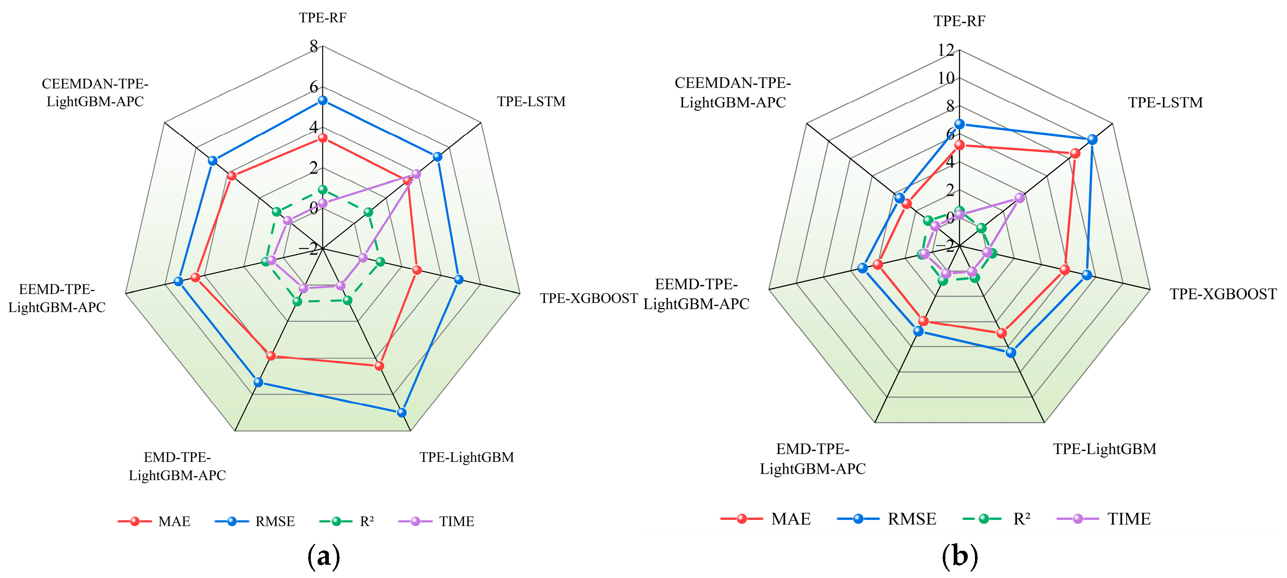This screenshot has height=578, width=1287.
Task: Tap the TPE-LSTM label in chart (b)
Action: [1165, 102]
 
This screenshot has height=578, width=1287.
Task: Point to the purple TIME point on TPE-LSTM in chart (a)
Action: [416, 174]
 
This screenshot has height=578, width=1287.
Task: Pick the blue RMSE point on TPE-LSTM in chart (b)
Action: [1092, 140]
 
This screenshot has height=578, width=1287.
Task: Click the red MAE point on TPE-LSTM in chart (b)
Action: [1075, 153]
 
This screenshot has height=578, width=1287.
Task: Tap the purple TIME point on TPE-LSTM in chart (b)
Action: [1019, 198]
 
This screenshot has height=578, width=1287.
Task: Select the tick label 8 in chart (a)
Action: [314, 46]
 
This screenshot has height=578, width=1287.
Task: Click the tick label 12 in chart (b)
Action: [946, 50]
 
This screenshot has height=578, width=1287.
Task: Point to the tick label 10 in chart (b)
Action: [946, 78]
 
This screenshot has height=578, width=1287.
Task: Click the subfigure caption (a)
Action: [324, 556]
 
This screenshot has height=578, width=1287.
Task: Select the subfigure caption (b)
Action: [959, 556]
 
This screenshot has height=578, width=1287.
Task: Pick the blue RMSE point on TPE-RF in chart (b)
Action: [959, 124]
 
